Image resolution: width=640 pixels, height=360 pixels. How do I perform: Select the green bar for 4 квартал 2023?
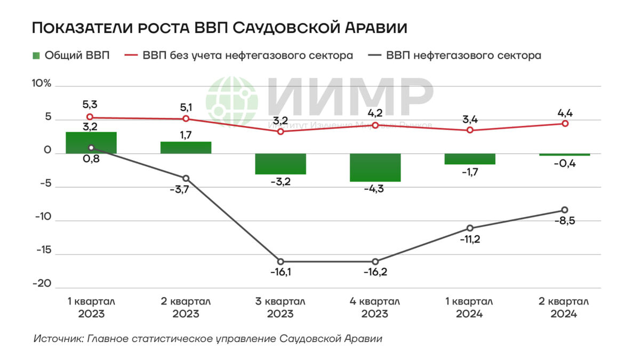click(x=375, y=167)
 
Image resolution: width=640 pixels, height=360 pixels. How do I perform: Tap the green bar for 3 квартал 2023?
click(x=281, y=164)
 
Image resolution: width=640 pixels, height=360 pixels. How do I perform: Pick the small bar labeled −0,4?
click(x=564, y=155)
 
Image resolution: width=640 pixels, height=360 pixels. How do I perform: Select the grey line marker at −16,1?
click(x=281, y=261)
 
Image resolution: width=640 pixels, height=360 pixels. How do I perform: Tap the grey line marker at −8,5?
click(x=565, y=210)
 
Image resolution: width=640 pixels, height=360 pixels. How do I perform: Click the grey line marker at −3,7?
click(x=186, y=178)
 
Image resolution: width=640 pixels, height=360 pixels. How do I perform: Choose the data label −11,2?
click(x=470, y=239)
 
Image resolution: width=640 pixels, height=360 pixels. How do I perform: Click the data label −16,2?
click(x=375, y=272)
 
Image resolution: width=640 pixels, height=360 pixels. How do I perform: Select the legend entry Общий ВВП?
click(x=71, y=55)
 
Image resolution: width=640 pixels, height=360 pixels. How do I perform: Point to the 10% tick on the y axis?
click(x=42, y=84)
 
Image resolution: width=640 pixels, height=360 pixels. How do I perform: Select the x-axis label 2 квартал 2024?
click(x=564, y=308)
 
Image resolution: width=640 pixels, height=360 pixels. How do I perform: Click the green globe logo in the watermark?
click(x=231, y=101)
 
